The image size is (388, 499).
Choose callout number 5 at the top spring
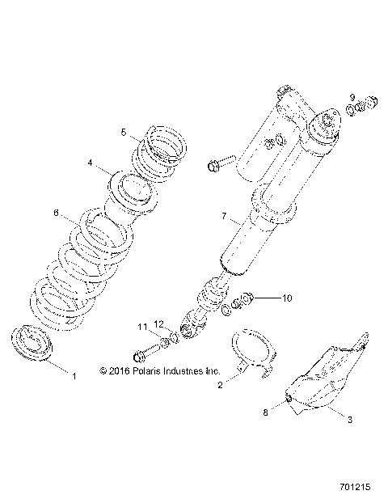(x=124, y=131)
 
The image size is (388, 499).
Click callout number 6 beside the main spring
(x=56, y=214)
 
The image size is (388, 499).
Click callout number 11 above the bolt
(x=141, y=326)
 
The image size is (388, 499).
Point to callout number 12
(x=159, y=324)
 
